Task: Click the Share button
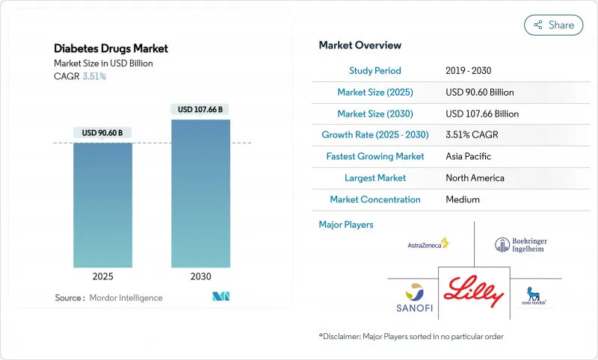pyautogui.click(x=554, y=25)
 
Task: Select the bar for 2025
pyautogui.click(x=102, y=205)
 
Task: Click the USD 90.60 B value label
pyautogui.click(x=102, y=133)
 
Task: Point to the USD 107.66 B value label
pyautogui.click(x=200, y=109)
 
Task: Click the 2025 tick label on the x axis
pyautogui.click(x=102, y=276)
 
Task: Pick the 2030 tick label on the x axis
pyautogui.click(x=200, y=276)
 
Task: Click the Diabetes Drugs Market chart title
pyautogui.click(x=111, y=49)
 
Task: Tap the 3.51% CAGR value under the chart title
pyautogui.click(x=93, y=76)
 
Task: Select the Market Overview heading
pyautogui.click(x=360, y=46)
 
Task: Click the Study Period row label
pyautogui.click(x=375, y=70)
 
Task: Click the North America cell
pyautogui.click(x=475, y=178)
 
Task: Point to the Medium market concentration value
pyautogui.click(x=462, y=199)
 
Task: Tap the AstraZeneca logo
pyautogui.click(x=428, y=243)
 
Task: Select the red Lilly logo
pyautogui.click(x=473, y=291)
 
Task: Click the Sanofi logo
pyautogui.click(x=413, y=297)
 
